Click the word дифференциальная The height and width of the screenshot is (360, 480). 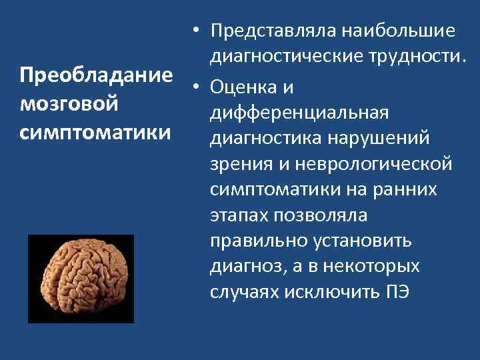pyautogui.click(x=299, y=113)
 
